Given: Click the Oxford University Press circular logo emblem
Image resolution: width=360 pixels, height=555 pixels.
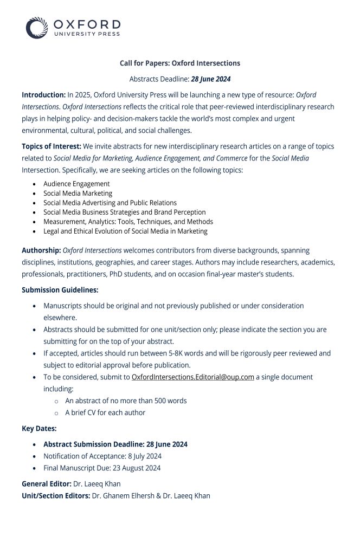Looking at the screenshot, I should tap(37, 28).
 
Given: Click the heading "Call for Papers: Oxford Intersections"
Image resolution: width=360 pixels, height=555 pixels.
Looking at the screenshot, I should tap(179, 63).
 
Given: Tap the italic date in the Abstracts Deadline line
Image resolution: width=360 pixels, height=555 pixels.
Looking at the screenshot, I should tap(210, 79).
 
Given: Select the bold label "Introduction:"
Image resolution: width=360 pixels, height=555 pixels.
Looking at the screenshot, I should tap(43, 95).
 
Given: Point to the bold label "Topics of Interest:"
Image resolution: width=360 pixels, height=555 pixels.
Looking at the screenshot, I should tap(52, 146).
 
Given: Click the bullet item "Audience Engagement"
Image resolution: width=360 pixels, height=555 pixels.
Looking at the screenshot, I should tap(76, 184).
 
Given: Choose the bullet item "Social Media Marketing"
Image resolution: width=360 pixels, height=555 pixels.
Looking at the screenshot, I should tap(78, 193).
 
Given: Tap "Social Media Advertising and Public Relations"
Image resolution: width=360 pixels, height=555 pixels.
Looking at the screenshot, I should tap(110, 203).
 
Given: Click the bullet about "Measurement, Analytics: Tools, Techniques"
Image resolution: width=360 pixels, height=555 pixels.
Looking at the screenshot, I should tap(128, 222).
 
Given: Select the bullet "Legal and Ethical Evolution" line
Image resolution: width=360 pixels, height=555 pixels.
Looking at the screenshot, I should tap(125, 231).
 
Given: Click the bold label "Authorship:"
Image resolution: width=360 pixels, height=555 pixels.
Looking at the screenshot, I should tap(41, 250).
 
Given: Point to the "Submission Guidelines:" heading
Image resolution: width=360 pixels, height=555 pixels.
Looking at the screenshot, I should tap(60, 290).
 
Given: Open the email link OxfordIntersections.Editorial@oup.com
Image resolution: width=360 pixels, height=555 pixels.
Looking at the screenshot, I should tap(192, 377).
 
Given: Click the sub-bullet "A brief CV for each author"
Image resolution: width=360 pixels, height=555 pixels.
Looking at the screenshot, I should tap(105, 412).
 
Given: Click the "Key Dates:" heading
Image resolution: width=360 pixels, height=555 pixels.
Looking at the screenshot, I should tap(39, 429).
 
